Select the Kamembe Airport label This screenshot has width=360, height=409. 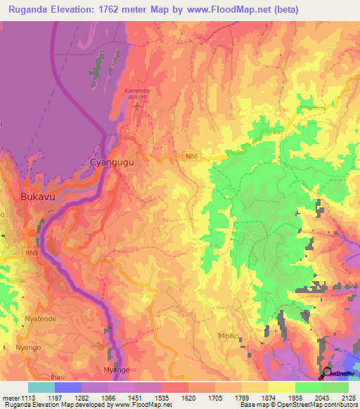point(137,95)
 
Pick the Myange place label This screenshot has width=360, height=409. point(115,370)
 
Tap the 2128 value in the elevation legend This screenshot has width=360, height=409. point(348,397)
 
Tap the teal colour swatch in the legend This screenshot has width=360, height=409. point(41,387)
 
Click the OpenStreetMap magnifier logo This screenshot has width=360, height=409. point(327,373)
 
